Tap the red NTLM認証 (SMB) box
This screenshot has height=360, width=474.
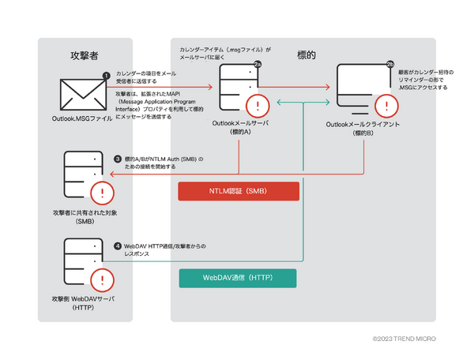238,192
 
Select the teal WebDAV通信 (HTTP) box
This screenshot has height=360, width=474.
238,279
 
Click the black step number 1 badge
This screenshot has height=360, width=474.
107,73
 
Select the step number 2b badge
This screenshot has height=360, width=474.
389,64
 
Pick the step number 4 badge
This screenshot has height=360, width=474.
117,246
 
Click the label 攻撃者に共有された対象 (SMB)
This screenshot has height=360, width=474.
84,217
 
